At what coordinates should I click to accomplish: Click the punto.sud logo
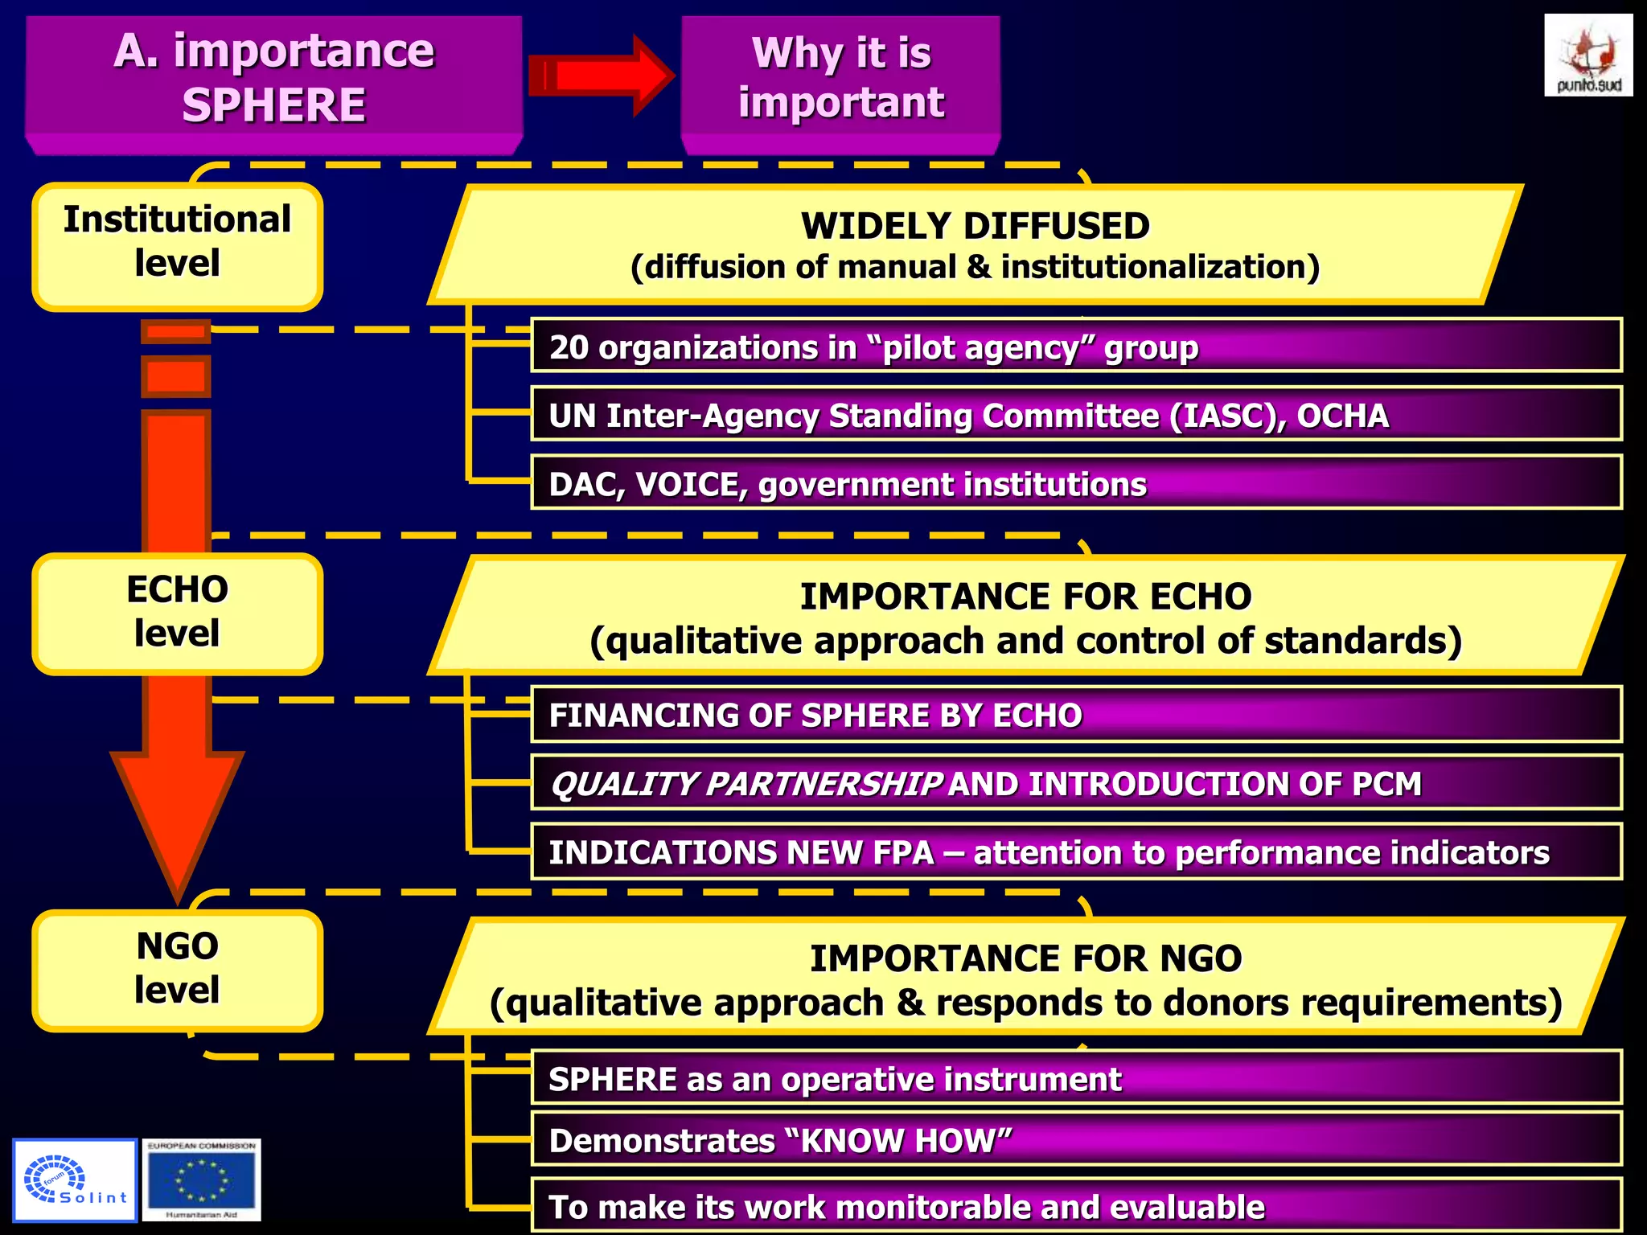(1587, 55)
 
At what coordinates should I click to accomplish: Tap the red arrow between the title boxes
(602, 76)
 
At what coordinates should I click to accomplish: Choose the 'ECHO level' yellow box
(177, 612)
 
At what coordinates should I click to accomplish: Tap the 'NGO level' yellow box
(177, 969)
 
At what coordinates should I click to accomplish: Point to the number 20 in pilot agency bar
(569, 348)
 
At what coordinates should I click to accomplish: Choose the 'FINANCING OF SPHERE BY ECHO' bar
(1076, 715)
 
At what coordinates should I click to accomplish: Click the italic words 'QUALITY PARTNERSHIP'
(745, 785)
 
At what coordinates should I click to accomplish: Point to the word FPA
(899, 853)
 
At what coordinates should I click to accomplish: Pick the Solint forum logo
(75, 1180)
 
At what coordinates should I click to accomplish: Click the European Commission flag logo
(202, 1180)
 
